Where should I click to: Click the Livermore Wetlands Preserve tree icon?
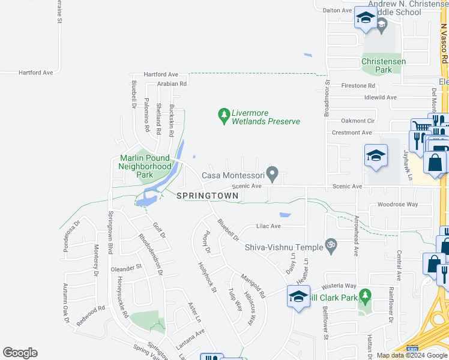(224, 113)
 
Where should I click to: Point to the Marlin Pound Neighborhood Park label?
(145, 166)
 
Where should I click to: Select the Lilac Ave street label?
(268, 226)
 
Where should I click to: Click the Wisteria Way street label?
(339, 286)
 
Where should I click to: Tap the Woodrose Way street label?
(397, 205)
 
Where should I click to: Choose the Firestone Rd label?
(358, 86)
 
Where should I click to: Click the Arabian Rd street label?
(172, 84)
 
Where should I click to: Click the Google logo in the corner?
(20, 353)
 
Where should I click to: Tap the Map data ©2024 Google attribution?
(412, 355)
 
